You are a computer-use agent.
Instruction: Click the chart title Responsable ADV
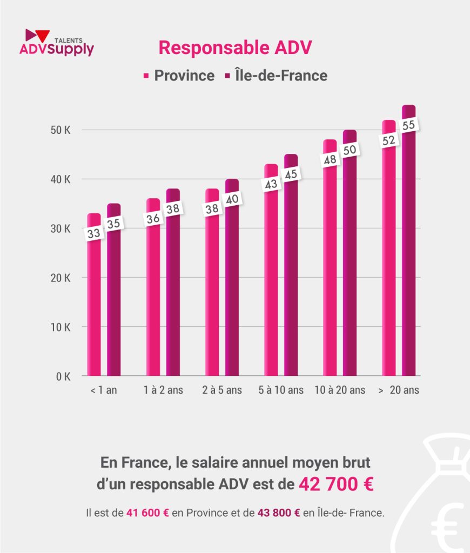coord(235,48)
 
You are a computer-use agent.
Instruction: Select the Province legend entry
coord(178,76)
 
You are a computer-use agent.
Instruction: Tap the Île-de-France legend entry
coord(275,76)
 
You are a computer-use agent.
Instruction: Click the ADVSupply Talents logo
coord(56,43)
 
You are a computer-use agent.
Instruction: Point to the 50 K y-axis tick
coord(60,130)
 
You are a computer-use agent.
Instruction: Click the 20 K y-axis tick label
coord(60,278)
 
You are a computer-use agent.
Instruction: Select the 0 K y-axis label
coord(62,376)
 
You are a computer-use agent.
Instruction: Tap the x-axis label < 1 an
coord(104,390)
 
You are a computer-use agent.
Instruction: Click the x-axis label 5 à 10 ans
coord(281,390)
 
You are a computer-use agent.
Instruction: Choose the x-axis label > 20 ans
coord(399,390)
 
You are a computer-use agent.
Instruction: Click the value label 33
coord(94,234)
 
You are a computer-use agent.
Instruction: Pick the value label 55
coord(409,125)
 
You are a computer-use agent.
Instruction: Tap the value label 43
coord(271,184)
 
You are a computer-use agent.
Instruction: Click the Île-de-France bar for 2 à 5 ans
coord(232,297)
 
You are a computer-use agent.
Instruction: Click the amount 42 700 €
coord(336,484)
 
